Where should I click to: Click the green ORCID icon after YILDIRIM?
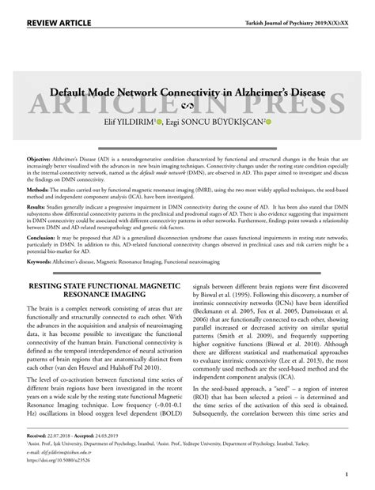158,122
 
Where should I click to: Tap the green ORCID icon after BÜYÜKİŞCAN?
268,122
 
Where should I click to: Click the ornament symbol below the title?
187,107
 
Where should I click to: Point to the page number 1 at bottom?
347,475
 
